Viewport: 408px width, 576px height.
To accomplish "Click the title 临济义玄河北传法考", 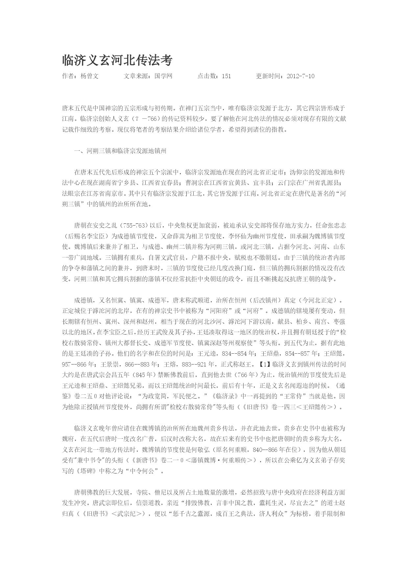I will [x=117, y=60].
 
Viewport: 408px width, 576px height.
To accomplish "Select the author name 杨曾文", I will [x=89, y=76].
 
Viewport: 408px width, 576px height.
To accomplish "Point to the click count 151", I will [x=226, y=76].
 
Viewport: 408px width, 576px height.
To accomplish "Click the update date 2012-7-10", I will [x=300, y=76].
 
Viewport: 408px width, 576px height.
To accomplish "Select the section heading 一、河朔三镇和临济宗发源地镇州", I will [x=120, y=151].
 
